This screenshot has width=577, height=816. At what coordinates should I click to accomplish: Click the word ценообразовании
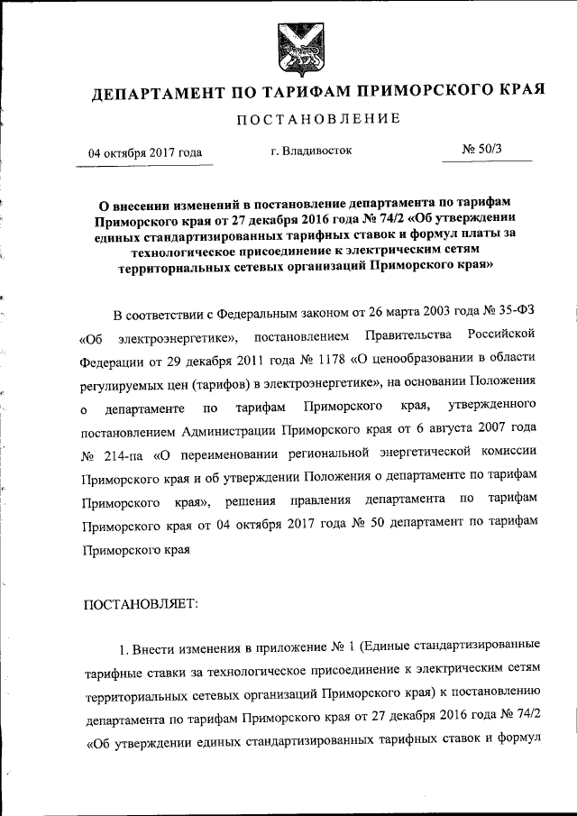[425, 361]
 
